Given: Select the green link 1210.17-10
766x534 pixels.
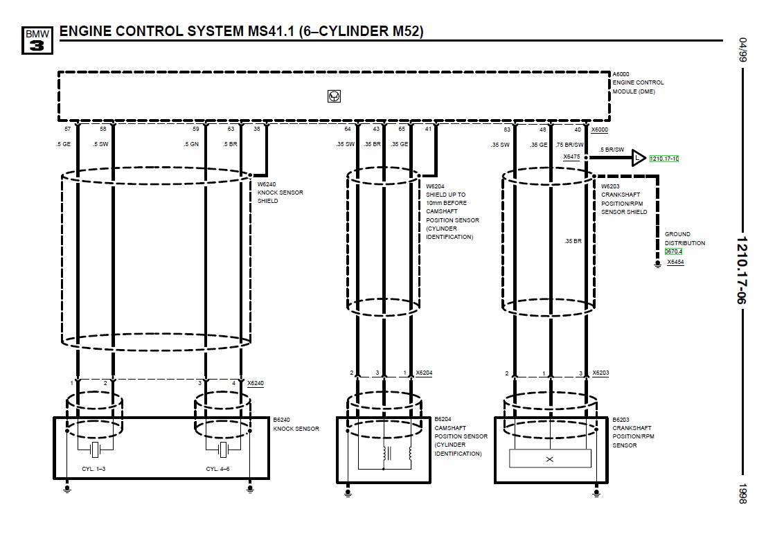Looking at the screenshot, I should point(664,159).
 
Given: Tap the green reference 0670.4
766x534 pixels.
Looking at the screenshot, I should point(674,251).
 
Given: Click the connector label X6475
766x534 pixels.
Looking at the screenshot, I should point(571,157).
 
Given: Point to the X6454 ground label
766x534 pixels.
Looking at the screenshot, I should point(675,262).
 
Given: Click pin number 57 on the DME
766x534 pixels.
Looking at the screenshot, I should point(67,129).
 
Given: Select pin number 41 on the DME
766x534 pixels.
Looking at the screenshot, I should point(428,129).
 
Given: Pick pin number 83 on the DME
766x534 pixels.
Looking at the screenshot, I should point(507,129).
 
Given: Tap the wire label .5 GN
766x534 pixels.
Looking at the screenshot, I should point(191,145).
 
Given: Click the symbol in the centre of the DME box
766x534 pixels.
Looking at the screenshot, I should point(334,96).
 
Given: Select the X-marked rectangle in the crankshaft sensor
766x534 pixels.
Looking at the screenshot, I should point(550,459).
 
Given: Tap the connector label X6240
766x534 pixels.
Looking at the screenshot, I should point(255,383).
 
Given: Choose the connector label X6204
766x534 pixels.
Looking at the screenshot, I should point(424,373).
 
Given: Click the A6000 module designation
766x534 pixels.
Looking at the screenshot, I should point(621,73).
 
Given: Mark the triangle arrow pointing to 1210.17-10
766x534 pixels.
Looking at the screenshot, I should point(638,159).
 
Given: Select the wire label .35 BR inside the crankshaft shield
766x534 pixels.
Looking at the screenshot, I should point(572,241).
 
